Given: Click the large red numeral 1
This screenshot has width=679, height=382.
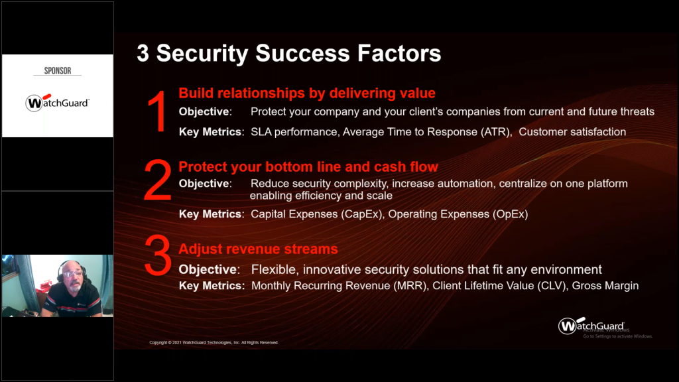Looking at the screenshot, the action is pos(158,111).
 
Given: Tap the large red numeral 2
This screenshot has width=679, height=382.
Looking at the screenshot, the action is pos(158,180).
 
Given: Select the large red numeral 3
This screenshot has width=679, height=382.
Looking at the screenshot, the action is pos(158,255).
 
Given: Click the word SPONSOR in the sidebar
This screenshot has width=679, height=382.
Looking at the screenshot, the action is pos(58,70).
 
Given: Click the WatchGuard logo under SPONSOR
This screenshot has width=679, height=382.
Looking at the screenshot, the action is pos(57,103).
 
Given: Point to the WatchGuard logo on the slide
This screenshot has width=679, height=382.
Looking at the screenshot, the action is pos(591,325).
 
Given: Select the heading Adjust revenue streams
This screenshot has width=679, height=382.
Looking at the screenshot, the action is pos(258,249).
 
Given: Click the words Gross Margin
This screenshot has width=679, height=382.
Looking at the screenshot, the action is pos(605,286).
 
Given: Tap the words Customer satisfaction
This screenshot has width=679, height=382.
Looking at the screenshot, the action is pos(572,132).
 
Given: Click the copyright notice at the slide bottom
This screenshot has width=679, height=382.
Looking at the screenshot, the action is pos(214,343).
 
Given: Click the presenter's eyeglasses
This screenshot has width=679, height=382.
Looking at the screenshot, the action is pos(72,274).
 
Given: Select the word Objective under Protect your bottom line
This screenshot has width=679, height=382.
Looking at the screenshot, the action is pos(206,184).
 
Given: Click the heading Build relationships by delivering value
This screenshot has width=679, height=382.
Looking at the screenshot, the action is pos(307,93).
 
